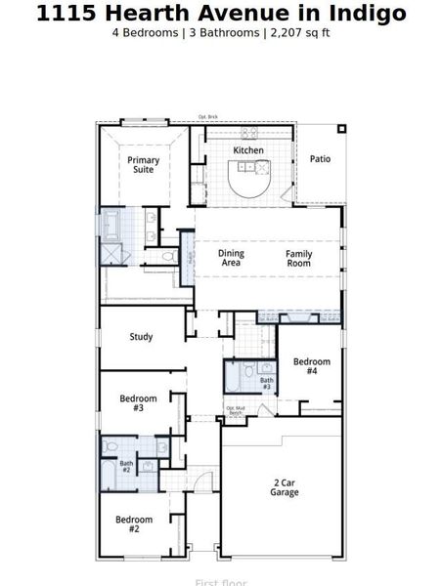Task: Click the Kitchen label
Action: point(248,150)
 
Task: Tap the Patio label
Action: point(321,158)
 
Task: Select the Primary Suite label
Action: point(144,165)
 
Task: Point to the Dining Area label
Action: point(231,258)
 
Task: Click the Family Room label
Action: point(298,258)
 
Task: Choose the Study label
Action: point(141,337)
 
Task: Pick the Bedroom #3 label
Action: point(138,403)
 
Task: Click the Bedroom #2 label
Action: point(134,524)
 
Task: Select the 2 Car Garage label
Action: point(285,487)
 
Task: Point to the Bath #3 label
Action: point(266,384)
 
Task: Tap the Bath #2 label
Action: point(126,467)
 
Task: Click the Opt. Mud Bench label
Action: point(235,411)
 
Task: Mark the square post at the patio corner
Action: point(341,128)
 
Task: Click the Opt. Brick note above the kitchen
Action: point(206,117)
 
